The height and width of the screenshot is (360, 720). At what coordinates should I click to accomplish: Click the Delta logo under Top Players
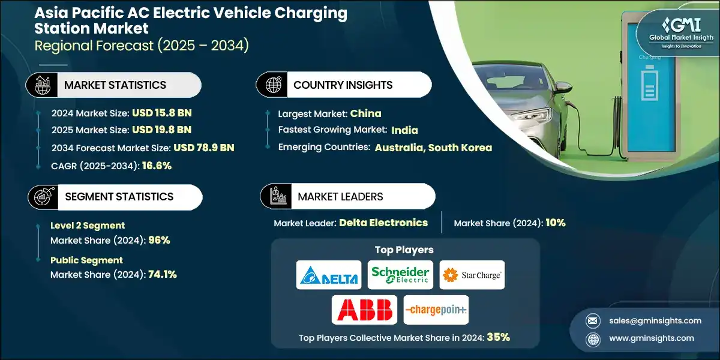tap(329, 275)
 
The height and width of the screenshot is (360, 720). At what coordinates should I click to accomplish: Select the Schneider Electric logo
tap(400, 275)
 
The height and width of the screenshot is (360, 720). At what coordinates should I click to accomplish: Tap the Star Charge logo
tap(472, 275)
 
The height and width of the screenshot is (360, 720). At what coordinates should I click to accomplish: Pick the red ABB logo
tap(364, 310)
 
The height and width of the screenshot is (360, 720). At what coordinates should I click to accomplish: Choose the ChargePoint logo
tap(436, 310)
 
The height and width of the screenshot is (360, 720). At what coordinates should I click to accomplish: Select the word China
tap(365, 113)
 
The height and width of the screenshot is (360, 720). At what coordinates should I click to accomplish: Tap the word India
tap(404, 130)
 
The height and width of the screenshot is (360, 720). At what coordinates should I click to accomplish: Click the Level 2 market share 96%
tap(159, 241)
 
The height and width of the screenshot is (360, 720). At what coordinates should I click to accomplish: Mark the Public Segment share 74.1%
tap(162, 275)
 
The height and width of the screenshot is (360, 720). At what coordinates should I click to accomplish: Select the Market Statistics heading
tap(115, 85)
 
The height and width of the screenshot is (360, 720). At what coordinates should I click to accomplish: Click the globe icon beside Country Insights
tap(273, 85)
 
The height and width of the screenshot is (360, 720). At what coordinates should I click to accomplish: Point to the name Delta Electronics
tap(383, 223)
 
